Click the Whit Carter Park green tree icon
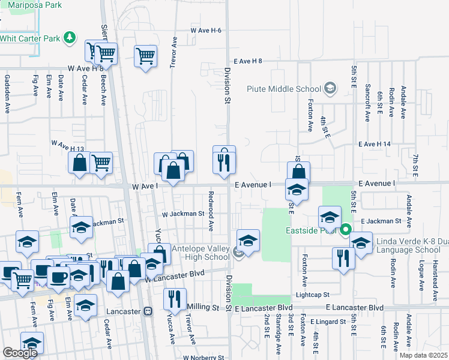coord(71,38)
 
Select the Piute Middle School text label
coord(284,89)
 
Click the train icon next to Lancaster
coord(148,311)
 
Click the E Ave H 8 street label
coord(249,61)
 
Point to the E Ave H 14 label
coord(375,144)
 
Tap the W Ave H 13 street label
coord(67,146)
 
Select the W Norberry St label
coord(203,357)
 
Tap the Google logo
coord(20,353)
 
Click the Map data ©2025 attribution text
coord(423,355)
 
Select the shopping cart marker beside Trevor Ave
coord(146,57)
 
